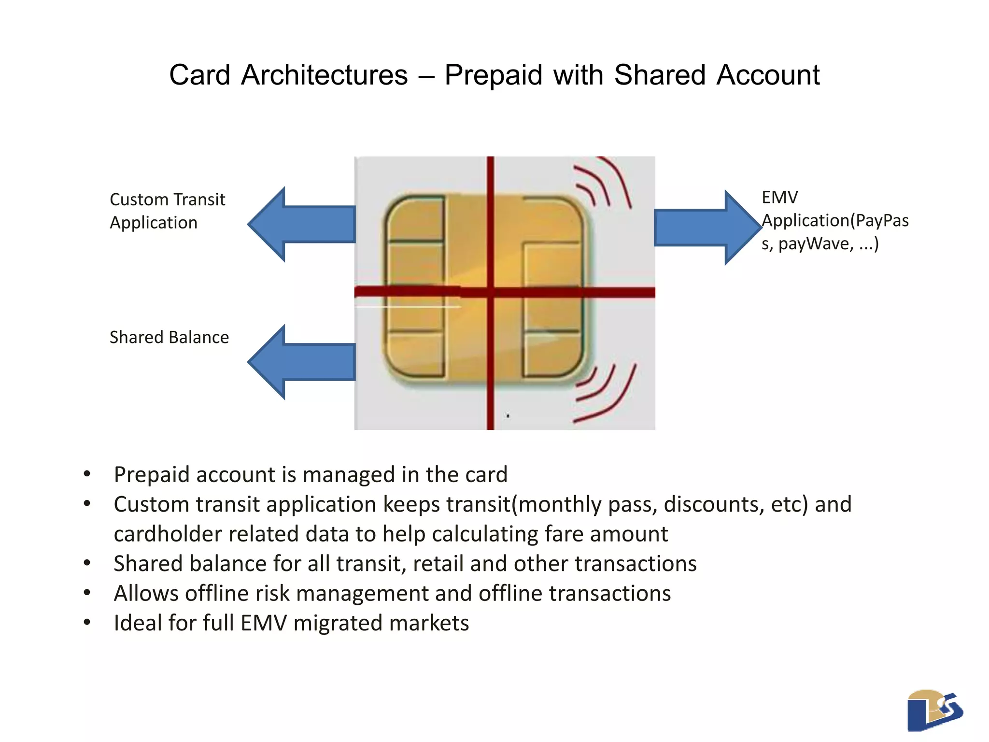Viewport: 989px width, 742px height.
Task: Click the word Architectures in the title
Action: point(324,75)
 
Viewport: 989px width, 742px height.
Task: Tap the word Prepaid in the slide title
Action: point(493,75)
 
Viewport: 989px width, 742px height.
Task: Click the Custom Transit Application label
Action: point(167,211)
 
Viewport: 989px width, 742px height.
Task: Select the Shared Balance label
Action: point(169,337)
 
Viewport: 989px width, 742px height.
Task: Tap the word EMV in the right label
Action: point(779,198)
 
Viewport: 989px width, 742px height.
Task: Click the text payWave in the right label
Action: point(816,243)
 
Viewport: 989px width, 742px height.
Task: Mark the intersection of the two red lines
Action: point(490,292)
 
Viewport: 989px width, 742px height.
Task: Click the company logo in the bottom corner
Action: point(934,710)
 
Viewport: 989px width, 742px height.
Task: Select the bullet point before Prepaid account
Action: point(87,474)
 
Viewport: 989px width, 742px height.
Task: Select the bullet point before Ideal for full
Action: point(87,622)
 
